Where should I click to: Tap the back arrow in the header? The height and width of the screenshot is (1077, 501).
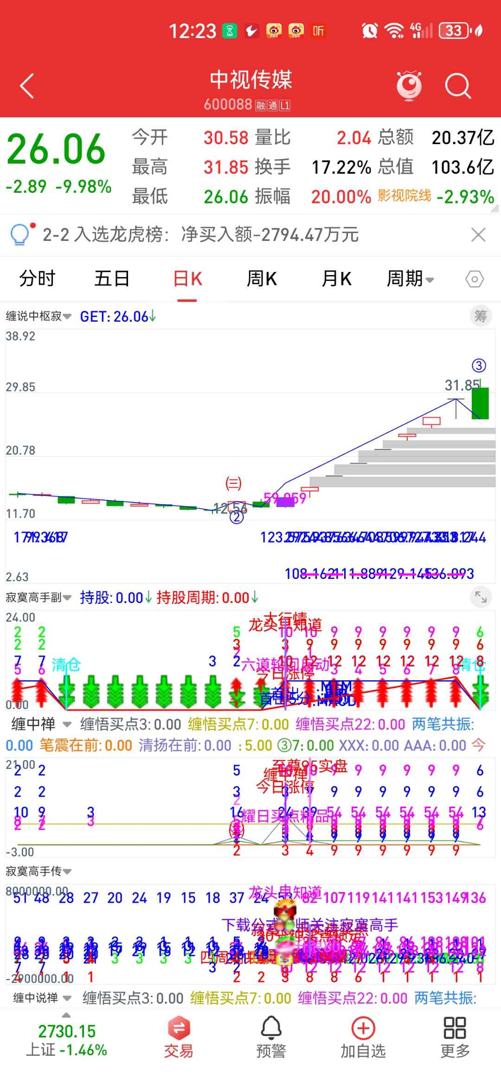coord(27,86)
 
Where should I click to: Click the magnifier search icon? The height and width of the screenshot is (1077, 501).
coord(457,86)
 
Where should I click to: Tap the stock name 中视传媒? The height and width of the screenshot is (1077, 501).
coord(250,80)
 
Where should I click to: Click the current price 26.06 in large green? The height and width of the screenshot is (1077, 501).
coord(56,149)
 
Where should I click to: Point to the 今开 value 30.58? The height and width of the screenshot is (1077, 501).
coord(226,138)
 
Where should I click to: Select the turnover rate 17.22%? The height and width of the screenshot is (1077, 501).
coord(341,167)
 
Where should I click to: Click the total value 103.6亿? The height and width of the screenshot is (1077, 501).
coord(462,167)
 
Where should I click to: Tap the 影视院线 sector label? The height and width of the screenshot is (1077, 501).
coord(404,196)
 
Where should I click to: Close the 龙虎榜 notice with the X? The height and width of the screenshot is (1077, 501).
coord(478,235)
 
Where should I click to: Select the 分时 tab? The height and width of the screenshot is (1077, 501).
coord(37,279)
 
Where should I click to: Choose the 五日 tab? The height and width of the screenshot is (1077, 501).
coord(112,279)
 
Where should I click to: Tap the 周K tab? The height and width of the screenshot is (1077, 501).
coord(262,279)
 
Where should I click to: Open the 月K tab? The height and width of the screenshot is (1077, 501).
coord(336,279)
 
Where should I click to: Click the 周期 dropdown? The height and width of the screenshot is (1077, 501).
coord(410,279)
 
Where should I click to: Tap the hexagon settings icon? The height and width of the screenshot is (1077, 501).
coord(475,279)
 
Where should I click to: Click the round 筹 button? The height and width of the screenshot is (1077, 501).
coord(481,317)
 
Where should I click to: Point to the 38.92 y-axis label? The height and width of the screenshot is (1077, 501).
coord(20,336)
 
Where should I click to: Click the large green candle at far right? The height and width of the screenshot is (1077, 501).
coord(480,403)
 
